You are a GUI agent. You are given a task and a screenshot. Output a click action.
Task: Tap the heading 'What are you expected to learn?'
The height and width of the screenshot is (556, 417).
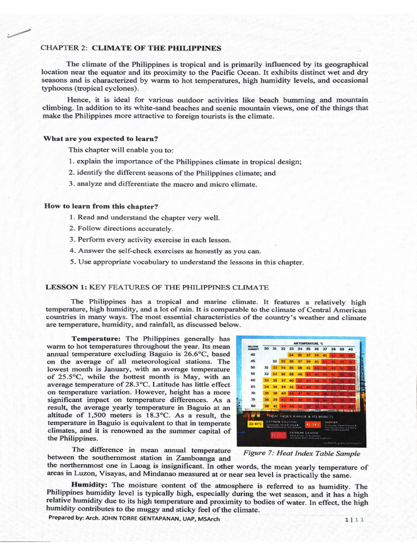coord(100,138)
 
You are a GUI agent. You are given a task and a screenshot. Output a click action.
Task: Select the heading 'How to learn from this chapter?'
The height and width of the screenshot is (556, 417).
coord(101,206)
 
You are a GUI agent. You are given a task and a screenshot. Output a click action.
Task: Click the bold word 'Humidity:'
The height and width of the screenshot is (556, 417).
coord(91,486)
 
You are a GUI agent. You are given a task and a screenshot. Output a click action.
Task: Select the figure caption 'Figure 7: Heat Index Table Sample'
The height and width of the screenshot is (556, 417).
coord(301,453)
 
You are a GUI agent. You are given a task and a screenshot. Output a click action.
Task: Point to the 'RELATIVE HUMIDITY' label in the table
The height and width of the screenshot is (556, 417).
coord(253,348)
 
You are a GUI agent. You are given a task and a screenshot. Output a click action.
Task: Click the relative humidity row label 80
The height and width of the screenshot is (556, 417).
coord(253,405)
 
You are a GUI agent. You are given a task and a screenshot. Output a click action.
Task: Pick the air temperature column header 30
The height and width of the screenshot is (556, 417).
coord(267,349)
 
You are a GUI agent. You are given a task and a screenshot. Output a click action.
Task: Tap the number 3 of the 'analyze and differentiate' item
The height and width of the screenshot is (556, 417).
coord(71,184)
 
